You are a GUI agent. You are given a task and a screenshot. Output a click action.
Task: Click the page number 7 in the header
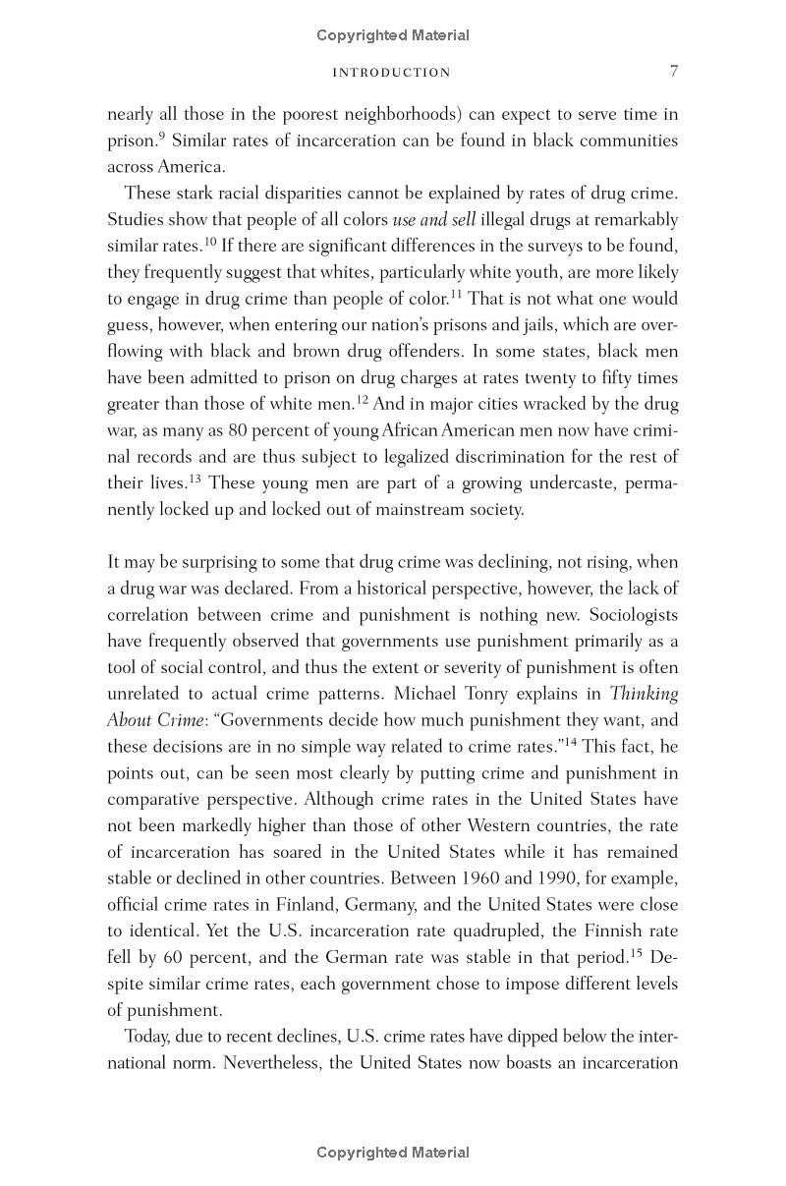click(673, 72)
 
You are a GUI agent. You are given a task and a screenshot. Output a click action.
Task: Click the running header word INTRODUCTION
click(392, 73)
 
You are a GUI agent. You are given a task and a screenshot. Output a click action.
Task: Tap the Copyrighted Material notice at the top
click(393, 35)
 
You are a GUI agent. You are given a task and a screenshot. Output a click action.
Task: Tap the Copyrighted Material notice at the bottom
click(393, 1153)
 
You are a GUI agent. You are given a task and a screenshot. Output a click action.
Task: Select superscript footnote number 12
click(362, 399)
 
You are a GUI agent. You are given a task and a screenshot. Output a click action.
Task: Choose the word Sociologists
click(629, 614)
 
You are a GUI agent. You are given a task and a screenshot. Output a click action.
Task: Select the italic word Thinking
click(644, 694)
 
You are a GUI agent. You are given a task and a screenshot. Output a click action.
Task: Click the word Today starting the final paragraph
click(148, 1037)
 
